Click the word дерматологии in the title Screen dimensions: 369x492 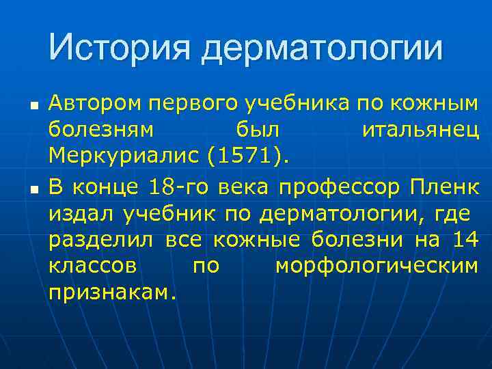[x=323, y=49]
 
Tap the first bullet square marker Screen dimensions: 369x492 [x=33, y=108]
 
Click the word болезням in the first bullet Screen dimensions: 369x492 [x=101, y=131]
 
